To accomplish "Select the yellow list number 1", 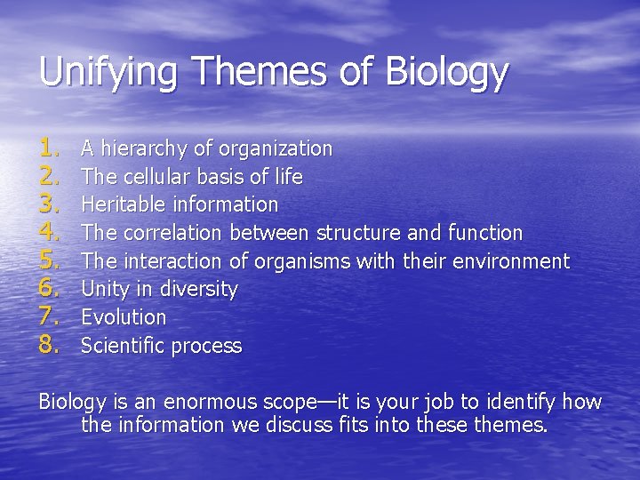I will [x=49, y=148].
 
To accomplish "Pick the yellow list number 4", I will [x=49, y=233].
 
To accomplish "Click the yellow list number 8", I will [x=49, y=345].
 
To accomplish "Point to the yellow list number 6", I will [x=49, y=289].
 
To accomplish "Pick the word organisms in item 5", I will [x=302, y=261].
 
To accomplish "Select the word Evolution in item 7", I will [x=124, y=317].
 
